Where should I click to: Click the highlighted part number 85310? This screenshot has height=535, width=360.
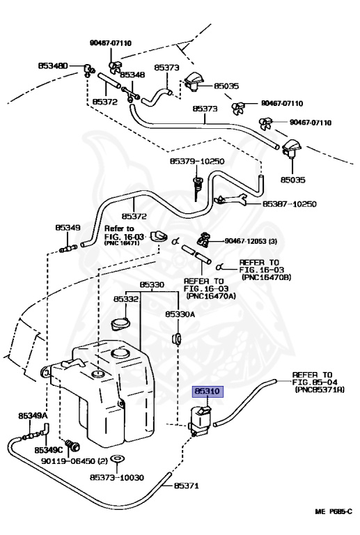pos(208,391)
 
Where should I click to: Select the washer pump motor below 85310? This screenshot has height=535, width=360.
pos(200,421)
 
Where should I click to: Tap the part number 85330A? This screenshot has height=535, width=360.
pos(180,314)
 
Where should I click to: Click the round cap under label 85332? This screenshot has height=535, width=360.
pos(120,324)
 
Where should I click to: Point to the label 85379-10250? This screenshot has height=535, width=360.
pos(197,161)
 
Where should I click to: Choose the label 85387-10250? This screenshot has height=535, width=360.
pos(290,204)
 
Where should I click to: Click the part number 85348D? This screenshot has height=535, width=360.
pos(53,65)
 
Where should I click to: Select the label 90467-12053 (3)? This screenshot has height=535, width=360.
pos(251,241)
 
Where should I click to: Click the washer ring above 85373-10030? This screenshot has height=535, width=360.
pos(117,458)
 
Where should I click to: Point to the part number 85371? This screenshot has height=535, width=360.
pos(186,486)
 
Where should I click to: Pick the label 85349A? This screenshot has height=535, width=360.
pos(33,416)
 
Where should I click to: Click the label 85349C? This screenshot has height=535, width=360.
pos(49,451)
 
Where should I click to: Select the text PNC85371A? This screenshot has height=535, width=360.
pos(320,389)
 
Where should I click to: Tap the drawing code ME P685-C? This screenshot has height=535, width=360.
pos(334,521)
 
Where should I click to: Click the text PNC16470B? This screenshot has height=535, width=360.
pos(267,277)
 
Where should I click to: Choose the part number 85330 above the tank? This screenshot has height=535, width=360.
pos(152,284)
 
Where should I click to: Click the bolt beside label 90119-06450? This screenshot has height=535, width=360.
pos(72,445)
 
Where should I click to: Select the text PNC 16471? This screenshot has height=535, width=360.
pos(121,242)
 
